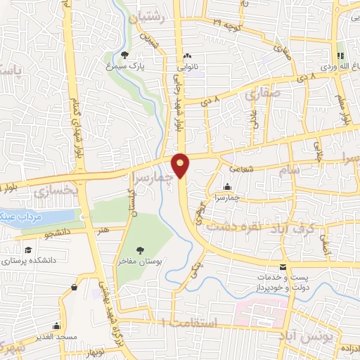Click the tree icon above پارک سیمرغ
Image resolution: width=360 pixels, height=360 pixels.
(124, 54)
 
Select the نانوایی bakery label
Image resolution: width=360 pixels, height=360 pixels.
(186, 66)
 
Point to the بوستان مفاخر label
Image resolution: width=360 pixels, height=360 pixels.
(141, 262)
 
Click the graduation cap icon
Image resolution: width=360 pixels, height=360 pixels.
(27, 250)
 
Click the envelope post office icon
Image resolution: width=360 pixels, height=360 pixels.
(283, 267)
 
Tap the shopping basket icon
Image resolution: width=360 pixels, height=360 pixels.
(75, 287)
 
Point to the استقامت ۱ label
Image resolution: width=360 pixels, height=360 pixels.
(190, 321)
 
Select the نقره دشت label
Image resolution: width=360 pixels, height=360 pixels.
(236, 225)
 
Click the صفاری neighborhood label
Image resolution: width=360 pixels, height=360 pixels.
(264, 92)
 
